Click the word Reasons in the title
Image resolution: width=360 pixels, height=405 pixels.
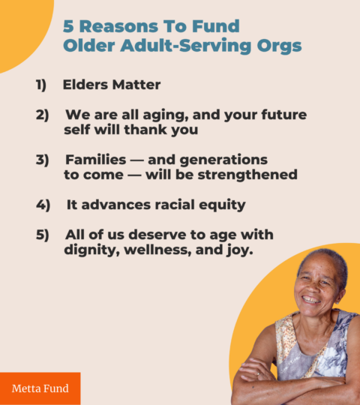click(x=118, y=26)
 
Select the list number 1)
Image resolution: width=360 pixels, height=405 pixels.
click(x=41, y=85)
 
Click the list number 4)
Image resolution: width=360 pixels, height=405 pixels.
click(x=43, y=205)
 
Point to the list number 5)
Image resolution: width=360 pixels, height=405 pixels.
click(x=42, y=235)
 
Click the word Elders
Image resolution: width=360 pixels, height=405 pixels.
click(x=85, y=85)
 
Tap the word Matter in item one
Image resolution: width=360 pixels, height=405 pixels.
click(x=136, y=85)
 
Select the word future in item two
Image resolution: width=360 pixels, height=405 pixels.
click(x=284, y=115)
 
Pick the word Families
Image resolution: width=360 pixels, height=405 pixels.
click(x=96, y=159)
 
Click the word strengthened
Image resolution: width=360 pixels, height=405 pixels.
click(x=247, y=175)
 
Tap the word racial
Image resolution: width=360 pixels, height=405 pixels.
click(x=175, y=205)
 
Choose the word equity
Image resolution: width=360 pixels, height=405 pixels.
click(x=222, y=205)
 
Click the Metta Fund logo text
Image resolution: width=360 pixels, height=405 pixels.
click(x=40, y=388)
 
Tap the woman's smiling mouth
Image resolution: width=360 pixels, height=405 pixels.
click(x=311, y=300)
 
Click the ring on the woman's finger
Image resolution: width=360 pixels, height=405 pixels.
click(x=258, y=373)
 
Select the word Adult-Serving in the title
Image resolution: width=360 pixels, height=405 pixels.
click(x=186, y=46)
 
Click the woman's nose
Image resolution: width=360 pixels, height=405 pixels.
click(x=313, y=289)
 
